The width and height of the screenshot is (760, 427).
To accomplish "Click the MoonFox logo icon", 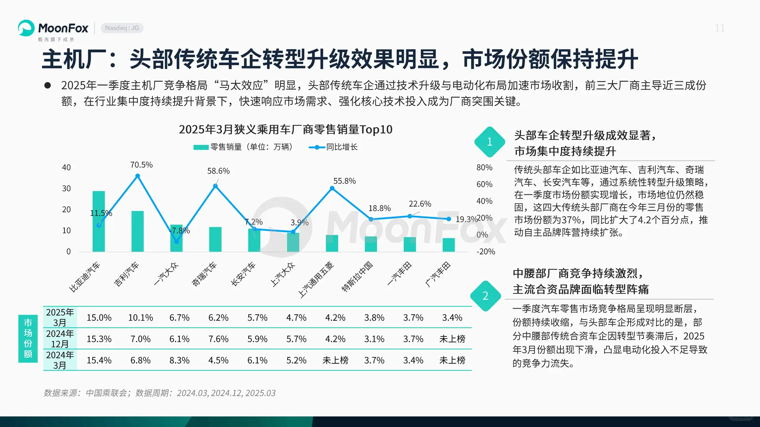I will click(26, 28).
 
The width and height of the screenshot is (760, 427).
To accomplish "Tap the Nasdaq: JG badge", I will click(122, 28).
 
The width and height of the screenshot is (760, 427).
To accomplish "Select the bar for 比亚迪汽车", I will click(99, 221).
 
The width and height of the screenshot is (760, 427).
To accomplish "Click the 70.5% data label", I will click(141, 165).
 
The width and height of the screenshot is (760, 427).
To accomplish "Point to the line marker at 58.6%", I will click(215, 186).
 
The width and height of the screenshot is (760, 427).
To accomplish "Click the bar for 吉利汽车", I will click(137, 231).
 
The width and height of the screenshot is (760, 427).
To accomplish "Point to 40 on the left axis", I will click(66, 168).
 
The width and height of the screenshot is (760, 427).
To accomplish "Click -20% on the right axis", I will click(485, 252).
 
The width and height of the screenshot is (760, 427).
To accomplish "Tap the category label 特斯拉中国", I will click(357, 276).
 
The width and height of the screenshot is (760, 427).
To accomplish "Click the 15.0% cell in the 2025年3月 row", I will click(99, 318).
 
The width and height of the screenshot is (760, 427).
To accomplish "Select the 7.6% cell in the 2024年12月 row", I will click(218, 339).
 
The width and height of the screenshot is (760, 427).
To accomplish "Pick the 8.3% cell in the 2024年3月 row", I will click(179, 361).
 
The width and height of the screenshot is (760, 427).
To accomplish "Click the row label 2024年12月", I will click(60, 339).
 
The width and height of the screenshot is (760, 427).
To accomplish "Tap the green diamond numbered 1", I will click(490, 142).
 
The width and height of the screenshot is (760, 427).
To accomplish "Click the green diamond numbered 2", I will click(485, 296).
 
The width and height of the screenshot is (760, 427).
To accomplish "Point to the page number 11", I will click(720, 28).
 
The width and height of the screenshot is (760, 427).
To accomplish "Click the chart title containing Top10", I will click(285, 130).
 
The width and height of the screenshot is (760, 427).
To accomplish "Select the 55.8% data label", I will click(344, 181).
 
